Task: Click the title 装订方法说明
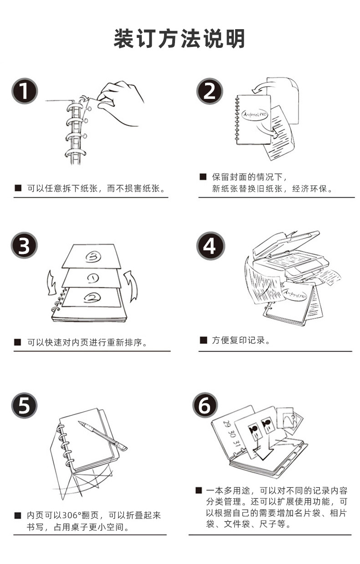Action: tap(180, 38)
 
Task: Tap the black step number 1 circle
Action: tap(25, 91)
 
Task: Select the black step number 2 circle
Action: tap(210, 91)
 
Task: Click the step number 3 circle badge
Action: tap(25, 245)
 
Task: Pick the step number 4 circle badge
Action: tap(211, 245)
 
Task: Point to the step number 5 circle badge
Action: tap(25, 405)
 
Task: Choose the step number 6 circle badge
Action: tap(205, 405)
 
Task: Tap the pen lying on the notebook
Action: tap(103, 435)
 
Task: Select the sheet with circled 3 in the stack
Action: tap(92, 256)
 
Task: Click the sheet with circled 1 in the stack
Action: tap(92, 278)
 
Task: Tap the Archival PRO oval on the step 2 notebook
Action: tap(255, 114)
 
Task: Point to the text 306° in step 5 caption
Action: tap(72, 515)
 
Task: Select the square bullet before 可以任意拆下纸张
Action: tap(18, 188)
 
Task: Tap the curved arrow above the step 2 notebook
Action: tap(260, 87)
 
